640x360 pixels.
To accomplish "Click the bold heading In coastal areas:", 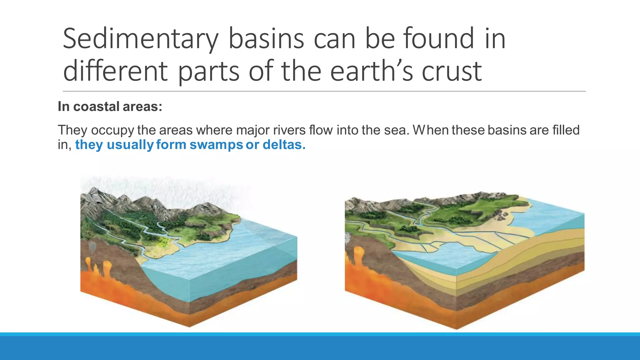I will click(110, 107).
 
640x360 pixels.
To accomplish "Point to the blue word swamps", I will click(216, 145).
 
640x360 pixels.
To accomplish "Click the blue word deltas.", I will click(284, 145).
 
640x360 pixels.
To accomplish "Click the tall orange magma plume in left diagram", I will click(107, 269).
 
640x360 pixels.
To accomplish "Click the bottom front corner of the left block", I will click(189, 326).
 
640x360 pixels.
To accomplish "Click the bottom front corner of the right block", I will click(456, 328).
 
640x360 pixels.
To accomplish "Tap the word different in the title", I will click(115, 71).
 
